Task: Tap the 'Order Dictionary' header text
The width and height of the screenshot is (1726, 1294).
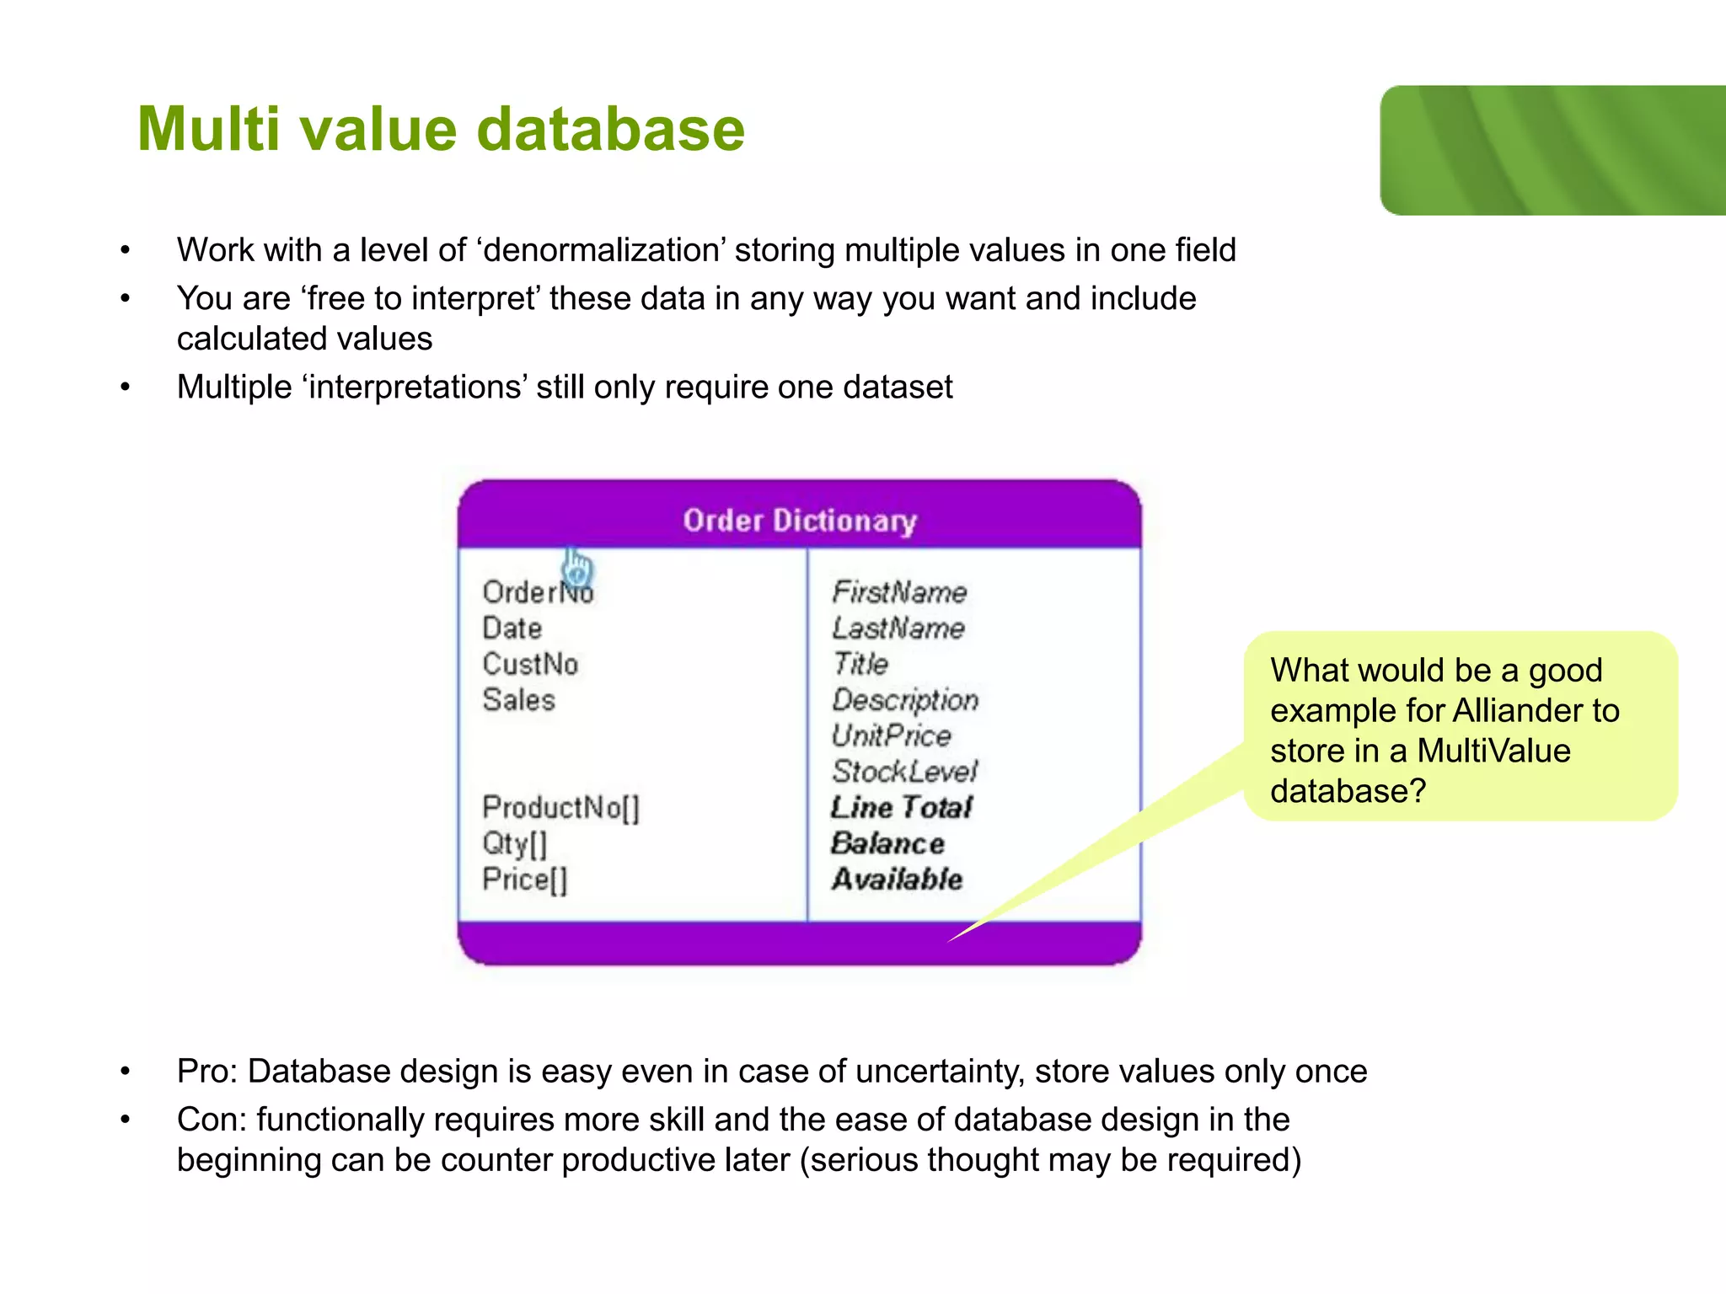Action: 799,521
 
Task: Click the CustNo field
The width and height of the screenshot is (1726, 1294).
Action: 530,665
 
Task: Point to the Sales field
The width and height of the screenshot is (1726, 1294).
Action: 518,700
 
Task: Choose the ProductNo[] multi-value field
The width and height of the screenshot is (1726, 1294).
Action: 560,808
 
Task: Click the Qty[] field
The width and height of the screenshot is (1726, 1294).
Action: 514,843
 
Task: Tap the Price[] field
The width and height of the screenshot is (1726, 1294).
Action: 524,880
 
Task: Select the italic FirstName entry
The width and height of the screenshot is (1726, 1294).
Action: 899,592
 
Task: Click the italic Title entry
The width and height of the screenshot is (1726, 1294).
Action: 860,664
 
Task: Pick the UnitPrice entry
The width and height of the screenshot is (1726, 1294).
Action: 891,735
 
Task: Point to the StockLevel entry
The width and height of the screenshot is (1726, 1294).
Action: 904,772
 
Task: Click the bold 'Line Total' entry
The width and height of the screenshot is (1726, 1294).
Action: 901,807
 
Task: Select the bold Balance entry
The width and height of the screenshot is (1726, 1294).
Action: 887,843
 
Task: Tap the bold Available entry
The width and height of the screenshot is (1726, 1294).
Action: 897,880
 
